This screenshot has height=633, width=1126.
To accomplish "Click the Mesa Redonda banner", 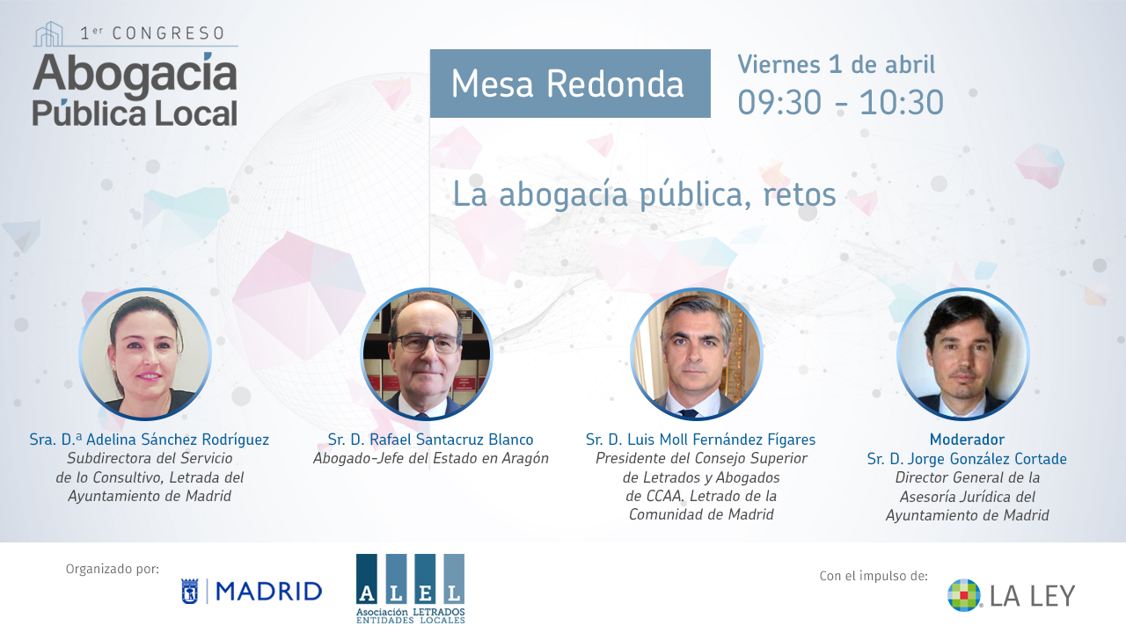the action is (x=570, y=84).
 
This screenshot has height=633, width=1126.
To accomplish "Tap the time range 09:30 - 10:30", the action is (x=840, y=103).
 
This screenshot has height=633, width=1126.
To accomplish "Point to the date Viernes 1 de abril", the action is (x=836, y=64).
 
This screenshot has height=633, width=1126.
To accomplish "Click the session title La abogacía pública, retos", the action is (x=644, y=195).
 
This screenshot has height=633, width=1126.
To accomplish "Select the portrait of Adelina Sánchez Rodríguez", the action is (x=145, y=354).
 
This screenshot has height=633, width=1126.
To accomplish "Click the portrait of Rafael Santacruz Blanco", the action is (x=427, y=354).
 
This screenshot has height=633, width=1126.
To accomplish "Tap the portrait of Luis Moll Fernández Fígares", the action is (x=696, y=354).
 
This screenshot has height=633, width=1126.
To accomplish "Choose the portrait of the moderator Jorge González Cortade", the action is (x=962, y=354).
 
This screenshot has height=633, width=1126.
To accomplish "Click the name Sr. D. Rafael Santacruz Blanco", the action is (x=430, y=440).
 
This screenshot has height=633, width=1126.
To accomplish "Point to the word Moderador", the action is (x=967, y=440).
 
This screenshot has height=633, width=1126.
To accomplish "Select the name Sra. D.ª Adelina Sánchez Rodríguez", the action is (x=150, y=440).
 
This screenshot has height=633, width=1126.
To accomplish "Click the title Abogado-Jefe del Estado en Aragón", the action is (x=431, y=459).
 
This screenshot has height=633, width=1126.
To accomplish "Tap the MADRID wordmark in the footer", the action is (x=269, y=592).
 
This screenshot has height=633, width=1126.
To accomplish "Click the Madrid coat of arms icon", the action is (x=189, y=592).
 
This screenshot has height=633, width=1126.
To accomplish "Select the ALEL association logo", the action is (x=410, y=588).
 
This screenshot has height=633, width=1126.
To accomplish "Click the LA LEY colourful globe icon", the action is (x=963, y=595).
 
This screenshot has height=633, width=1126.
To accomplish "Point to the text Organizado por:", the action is (x=112, y=569).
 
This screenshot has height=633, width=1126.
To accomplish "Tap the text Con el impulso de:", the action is (x=874, y=576).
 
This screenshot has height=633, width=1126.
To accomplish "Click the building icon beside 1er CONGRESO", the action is (x=48, y=33).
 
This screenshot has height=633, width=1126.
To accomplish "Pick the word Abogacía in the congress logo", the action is (x=135, y=74).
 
